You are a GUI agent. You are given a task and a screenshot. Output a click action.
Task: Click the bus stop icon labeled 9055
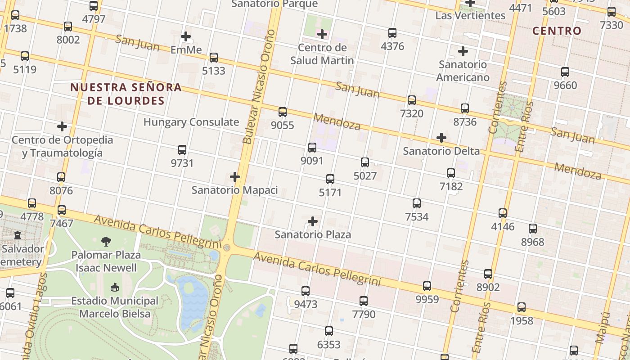coord(283,112)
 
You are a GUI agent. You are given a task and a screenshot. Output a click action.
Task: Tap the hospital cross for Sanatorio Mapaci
coord(234,177)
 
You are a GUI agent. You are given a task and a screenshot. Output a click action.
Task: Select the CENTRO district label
coord(557,31)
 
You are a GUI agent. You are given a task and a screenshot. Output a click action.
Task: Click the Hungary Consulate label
coord(191,122)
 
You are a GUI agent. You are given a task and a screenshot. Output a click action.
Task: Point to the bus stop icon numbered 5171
coord(330,179)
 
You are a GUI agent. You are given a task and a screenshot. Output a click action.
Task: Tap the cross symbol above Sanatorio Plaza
coord(313,221)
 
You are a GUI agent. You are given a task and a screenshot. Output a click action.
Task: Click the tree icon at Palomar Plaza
coord(106,242)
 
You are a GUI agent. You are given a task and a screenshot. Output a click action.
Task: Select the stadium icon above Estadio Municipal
coord(115,287)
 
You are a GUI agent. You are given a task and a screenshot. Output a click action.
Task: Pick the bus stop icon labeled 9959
coord(427,286)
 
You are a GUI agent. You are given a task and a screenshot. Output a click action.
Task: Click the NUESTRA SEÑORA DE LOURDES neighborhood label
coord(126,94)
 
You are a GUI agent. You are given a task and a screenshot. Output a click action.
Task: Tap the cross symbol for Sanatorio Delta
coord(441,138)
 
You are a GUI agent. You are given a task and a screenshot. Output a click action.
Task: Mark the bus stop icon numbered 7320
coord(412,100)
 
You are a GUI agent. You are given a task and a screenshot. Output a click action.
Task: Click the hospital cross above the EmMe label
coord(186,36)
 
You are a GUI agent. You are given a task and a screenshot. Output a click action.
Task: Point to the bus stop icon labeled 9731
coord(182,150)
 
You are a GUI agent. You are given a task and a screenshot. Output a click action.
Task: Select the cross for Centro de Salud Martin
coord(322,34)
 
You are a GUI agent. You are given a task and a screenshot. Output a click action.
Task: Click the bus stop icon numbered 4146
coord(503,213)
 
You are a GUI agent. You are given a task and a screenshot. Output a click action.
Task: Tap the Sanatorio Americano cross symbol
coord(463,51)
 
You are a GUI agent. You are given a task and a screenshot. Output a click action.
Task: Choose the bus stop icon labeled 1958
coord(522,308)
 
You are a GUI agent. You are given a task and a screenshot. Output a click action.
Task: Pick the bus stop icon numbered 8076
coord(61,177)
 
